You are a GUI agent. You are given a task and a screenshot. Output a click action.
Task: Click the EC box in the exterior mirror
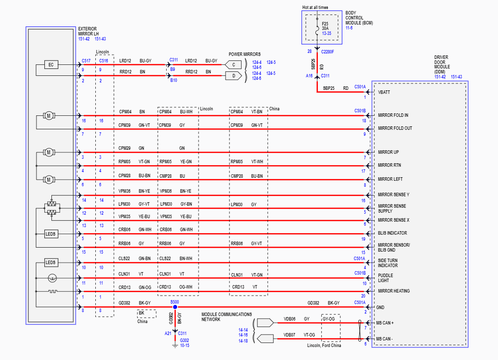(x=51, y=64)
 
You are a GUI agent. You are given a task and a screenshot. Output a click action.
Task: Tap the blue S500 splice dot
(x=175, y=307)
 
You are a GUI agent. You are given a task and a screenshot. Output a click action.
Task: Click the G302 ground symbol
(x=175, y=343)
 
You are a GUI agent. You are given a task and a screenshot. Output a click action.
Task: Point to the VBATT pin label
(x=384, y=92)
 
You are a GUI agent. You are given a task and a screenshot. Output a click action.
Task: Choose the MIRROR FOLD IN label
(x=393, y=115)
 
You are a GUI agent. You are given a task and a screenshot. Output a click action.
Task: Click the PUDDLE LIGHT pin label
(x=386, y=278)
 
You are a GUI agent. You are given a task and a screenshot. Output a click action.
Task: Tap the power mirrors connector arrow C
(x=233, y=64)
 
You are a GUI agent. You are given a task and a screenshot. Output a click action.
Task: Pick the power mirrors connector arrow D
(x=233, y=76)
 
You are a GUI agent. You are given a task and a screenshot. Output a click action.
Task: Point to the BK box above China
(x=141, y=313)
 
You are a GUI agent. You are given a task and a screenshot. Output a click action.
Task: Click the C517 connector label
(x=86, y=60)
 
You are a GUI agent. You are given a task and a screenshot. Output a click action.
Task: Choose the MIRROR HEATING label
(x=394, y=291)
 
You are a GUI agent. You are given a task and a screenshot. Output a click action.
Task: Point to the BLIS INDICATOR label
(x=392, y=233)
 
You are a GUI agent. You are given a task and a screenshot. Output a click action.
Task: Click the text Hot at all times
(x=315, y=8)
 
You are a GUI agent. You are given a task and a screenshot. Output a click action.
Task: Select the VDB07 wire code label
(x=289, y=335)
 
